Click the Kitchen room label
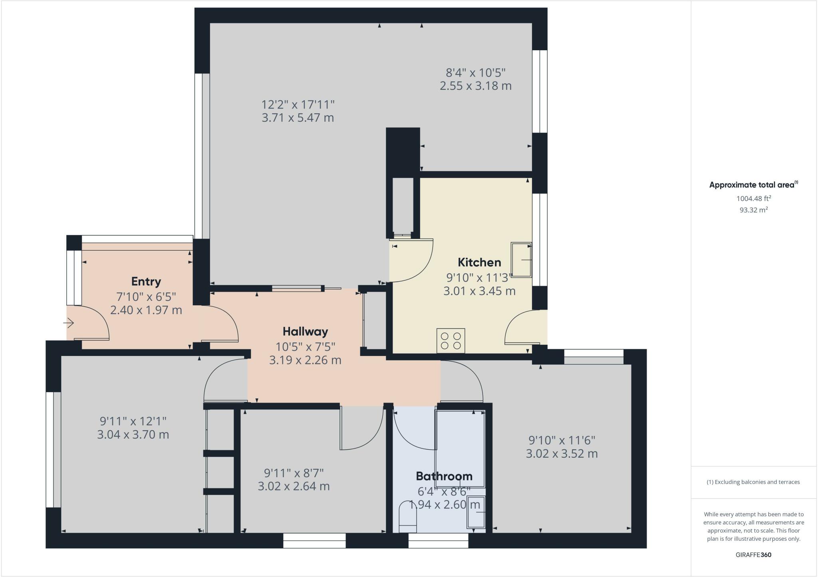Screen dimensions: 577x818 coord(479,263)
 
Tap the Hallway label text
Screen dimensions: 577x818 coord(305,332)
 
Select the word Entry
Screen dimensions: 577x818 coord(146,282)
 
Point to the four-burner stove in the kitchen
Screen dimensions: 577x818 coord(451,340)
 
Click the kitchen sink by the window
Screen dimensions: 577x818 coord(522,260)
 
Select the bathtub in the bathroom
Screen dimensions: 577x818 coord(460,447)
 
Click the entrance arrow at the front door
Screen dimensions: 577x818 coord(69,322)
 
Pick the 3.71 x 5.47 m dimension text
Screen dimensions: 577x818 coord(298,118)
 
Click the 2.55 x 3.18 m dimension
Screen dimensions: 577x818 coord(475,86)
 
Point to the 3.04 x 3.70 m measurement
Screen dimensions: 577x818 coord(133,435)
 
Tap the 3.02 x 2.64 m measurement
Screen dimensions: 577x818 coord(294,486)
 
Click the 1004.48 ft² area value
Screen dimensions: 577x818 coord(753,198)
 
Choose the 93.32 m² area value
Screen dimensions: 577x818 coord(753,210)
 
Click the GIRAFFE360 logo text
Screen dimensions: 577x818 coord(753,555)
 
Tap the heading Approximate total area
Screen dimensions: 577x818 coord(751,185)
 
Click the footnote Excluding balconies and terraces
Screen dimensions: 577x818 coord(753,482)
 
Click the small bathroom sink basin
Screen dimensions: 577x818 coord(476,512)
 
